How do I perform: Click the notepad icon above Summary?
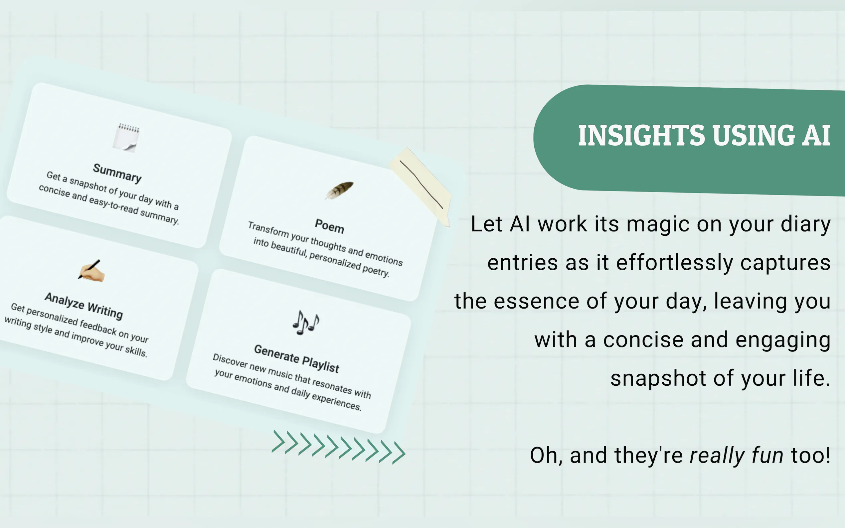(126, 138)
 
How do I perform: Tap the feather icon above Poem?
(339, 191)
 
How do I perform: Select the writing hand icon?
(91, 271)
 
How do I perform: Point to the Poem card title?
(329, 226)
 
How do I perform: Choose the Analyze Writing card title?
(84, 306)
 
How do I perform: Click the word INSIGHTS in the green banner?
(641, 136)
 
